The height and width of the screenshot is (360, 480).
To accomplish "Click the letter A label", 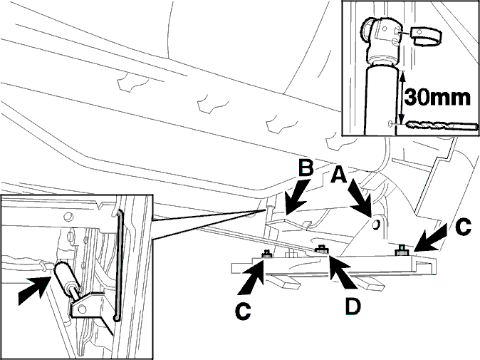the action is (339, 175).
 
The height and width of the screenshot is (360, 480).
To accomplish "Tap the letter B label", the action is (306, 168).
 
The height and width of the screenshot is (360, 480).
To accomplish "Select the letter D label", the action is (353, 306).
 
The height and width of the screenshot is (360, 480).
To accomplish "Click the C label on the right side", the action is (462, 227).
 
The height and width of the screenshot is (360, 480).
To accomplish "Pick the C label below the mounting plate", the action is (243, 312).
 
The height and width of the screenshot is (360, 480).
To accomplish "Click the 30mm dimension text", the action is (437, 98).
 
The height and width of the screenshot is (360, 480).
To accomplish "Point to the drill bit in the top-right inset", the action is (442, 125).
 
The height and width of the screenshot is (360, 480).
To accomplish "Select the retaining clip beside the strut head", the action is (425, 36).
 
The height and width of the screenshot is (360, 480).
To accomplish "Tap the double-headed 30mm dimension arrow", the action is (402, 97).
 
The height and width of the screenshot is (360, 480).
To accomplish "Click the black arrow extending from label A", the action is (360, 198).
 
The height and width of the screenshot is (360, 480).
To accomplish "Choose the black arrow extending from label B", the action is (295, 198).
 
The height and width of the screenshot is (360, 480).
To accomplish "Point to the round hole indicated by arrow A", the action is (375, 225).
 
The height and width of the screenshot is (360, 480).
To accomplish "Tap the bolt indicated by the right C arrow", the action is (402, 250).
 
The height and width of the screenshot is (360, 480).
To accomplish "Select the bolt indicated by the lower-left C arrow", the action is (267, 254).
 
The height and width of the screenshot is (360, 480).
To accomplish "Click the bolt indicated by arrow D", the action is (321, 250).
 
